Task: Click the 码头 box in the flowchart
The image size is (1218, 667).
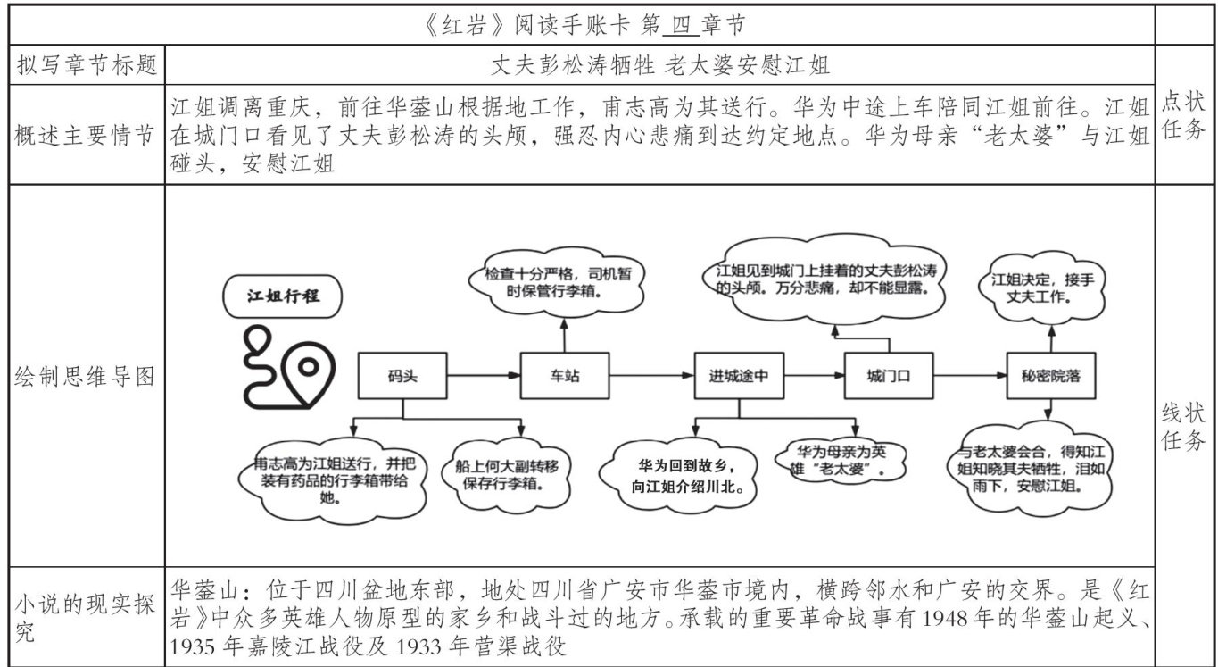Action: [402, 376]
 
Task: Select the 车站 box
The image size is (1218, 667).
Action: [564, 376]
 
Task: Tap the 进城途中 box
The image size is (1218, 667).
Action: [738, 376]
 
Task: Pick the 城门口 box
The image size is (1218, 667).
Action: [889, 375]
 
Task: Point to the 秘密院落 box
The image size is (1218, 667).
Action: [1050, 376]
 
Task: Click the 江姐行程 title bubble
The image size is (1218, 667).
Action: [282, 297]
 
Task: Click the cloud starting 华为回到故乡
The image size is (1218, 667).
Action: [685, 477]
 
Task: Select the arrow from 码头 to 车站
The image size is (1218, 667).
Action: [484, 376]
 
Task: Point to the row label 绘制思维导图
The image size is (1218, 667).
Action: [87, 376]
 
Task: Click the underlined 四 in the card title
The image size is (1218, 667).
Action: [680, 26]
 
